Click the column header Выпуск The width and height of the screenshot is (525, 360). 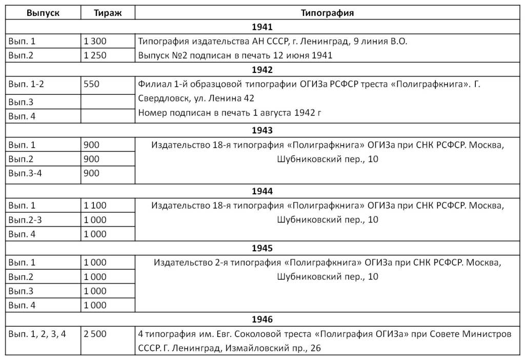click(43, 13)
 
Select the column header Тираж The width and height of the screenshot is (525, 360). click(108, 13)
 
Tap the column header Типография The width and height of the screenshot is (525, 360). click(328, 13)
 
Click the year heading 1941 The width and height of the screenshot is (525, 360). click(262, 27)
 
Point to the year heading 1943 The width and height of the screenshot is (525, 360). click(262, 130)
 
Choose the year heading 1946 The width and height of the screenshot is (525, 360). click(262, 319)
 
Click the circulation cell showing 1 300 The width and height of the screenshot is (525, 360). click(95, 42)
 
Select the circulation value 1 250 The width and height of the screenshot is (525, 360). click(95, 55)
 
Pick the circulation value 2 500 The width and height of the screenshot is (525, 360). click(95, 334)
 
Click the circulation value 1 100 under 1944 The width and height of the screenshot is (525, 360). click(95, 206)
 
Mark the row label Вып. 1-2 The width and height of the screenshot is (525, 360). click(26, 84)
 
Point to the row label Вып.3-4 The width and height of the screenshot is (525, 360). click(25, 173)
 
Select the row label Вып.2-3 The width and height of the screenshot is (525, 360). click(25, 220)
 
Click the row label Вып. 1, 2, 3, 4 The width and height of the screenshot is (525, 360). click(37, 334)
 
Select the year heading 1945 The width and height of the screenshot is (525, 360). click(262, 248)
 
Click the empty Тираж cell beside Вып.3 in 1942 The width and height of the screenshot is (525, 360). click(108, 102)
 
